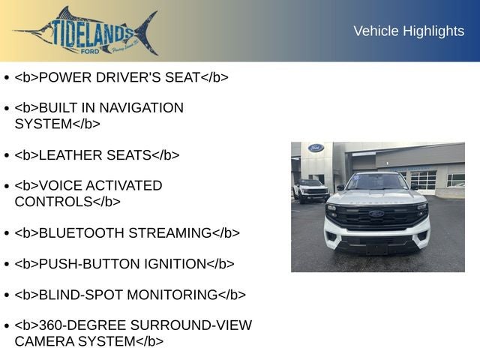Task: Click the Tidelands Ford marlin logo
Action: click(86, 31)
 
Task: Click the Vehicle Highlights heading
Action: click(409, 31)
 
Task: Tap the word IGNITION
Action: click(175, 264)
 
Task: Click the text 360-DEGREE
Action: click(82, 325)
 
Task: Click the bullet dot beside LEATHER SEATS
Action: click(6, 156)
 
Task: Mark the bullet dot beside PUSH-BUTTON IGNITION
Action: click(6, 265)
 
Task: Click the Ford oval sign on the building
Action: click(316, 148)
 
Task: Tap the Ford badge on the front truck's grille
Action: click(376, 214)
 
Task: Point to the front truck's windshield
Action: click(376, 181)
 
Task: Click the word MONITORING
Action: click(172, 295)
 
